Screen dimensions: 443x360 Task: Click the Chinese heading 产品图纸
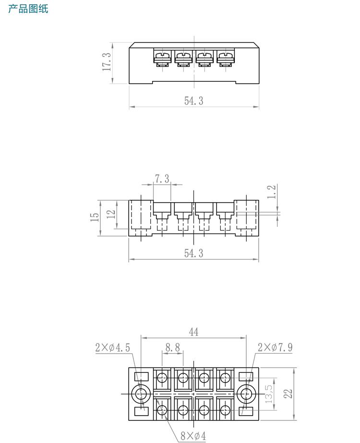click(x=28, y=9)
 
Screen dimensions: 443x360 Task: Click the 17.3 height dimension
click(x=107, y=62)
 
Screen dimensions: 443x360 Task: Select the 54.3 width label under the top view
click(x=194, y=100)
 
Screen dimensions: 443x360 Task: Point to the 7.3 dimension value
click(x=162, y=179)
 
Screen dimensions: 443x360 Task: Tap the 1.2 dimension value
click(x=272, y=192)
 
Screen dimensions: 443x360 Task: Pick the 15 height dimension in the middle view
click(x=95, y=217)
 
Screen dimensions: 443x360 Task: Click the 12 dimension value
click(x=111, y=214)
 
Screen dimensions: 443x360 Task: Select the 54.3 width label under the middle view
click(x=194, y=253)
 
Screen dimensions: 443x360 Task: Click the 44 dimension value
click(x=193, y=332)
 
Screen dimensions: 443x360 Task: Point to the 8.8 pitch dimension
click(x=173, y=347)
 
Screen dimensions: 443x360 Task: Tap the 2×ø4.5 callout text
click(x=112, y=347)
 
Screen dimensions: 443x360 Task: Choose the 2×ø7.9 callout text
click(x=275, y=347)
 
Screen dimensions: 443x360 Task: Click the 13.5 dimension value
click(x=269, y=394)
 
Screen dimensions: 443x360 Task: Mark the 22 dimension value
click(x=288, y=394)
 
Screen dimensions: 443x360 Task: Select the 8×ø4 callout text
click(x=193, y=436)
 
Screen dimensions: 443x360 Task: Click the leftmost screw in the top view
click(x=162, y=58)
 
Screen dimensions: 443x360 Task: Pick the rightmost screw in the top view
click(x=225, y=58)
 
